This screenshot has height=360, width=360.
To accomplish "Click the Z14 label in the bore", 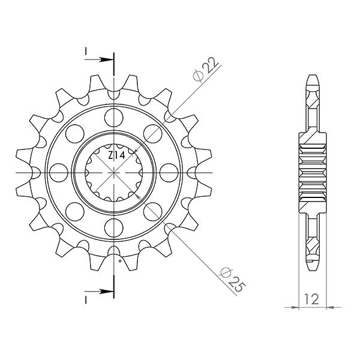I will (116, 155).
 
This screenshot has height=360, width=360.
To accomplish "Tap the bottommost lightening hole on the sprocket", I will (113, 229).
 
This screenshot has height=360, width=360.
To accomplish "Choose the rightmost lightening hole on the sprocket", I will (170, 171).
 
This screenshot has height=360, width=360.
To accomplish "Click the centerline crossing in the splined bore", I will (113, 172).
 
